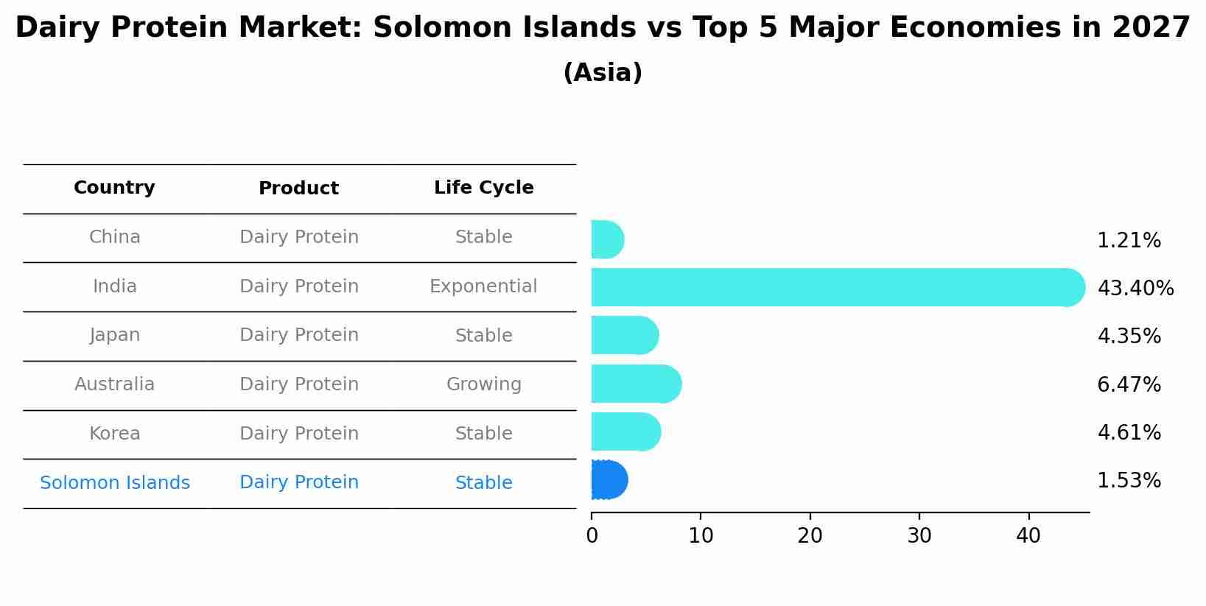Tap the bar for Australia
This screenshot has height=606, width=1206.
point(635,384)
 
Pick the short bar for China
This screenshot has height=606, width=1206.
point(607,239)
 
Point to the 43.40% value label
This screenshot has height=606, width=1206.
point(1135,289)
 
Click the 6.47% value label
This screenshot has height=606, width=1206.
point(1129,384)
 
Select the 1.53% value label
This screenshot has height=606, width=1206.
point(1129,481)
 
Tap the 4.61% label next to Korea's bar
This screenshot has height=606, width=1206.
point(1129,432)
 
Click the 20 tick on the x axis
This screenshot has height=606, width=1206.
point(810,536)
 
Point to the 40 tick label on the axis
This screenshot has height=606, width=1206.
point(1028,536)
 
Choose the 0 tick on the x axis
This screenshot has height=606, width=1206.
point(592,536)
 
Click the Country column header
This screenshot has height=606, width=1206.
point(114,188)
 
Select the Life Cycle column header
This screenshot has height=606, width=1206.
point(483,188)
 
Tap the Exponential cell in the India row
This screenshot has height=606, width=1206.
point(483,286)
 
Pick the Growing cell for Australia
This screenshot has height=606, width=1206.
point(483,384)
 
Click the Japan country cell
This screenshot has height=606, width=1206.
point(114,335)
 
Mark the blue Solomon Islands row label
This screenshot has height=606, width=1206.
point(114,483)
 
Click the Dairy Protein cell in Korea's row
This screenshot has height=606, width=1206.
point(298,434)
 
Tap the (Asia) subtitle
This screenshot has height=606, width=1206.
point(602,73)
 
